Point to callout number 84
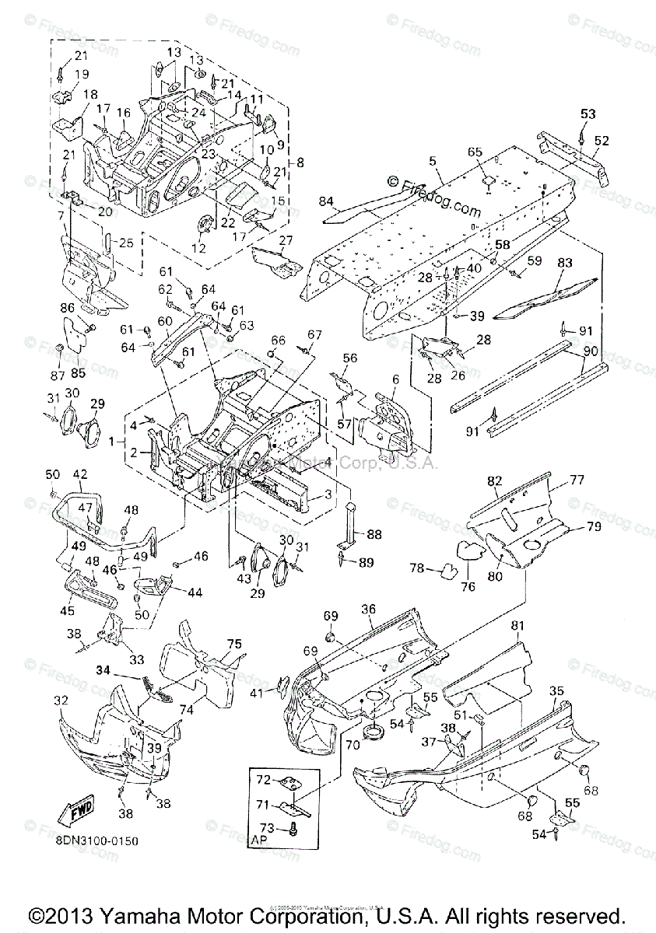pos(327,202)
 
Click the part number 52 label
pos(602,141)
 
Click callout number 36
pos(368,609)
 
